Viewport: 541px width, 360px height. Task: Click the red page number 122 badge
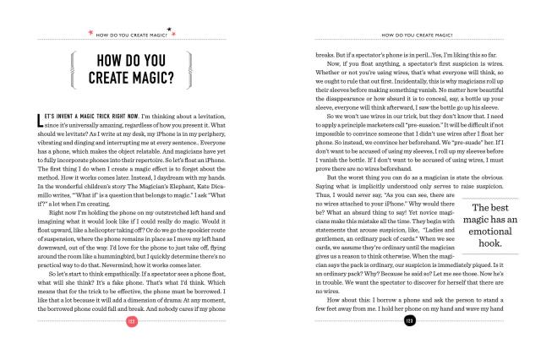click(131, 345)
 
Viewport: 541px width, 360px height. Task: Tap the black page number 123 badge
click(409, 345)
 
